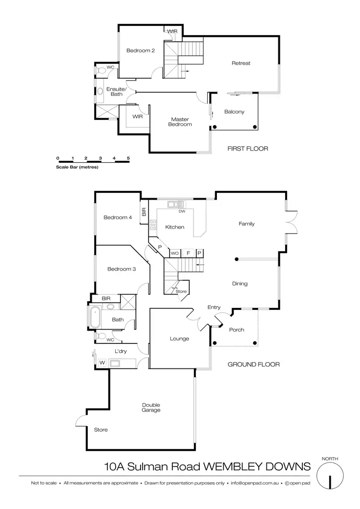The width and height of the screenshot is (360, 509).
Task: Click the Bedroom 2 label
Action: [x=140, y=50]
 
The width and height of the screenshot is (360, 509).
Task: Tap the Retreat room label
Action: [x=241, y=63]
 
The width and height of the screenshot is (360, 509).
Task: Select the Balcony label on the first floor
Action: [x=234, y=112]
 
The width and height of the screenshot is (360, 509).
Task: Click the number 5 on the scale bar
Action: [x=129, y=158]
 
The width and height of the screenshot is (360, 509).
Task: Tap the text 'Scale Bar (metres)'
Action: [x=77, y=167]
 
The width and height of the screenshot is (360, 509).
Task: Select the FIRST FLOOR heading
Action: [x=248, y=149]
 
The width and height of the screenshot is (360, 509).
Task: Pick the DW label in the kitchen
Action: [x=181, y=211]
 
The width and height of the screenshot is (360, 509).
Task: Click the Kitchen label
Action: [x=174, y=227]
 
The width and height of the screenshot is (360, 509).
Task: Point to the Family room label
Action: [x=247, y=224]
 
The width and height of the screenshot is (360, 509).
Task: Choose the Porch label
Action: [x=237, y=330]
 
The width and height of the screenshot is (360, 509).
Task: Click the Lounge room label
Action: [x=180, y=339]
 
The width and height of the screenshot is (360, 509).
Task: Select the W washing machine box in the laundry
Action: [x=102, y=363]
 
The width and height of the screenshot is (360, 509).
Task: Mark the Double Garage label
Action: [x=151, y=407]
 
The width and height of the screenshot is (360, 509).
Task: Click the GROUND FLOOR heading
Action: [x=253, y=365]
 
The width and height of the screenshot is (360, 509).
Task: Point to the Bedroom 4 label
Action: [x=118, y=217]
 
